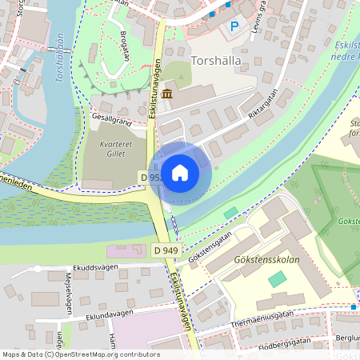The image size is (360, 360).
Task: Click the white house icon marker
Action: tap(180, 173)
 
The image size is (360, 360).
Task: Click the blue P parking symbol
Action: tap(234, 27)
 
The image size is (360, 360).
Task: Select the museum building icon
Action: tap(167, 96)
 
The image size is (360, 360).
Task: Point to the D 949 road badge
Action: tap(166, 250)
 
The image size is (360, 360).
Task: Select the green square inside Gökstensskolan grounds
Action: tap(277, 279)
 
